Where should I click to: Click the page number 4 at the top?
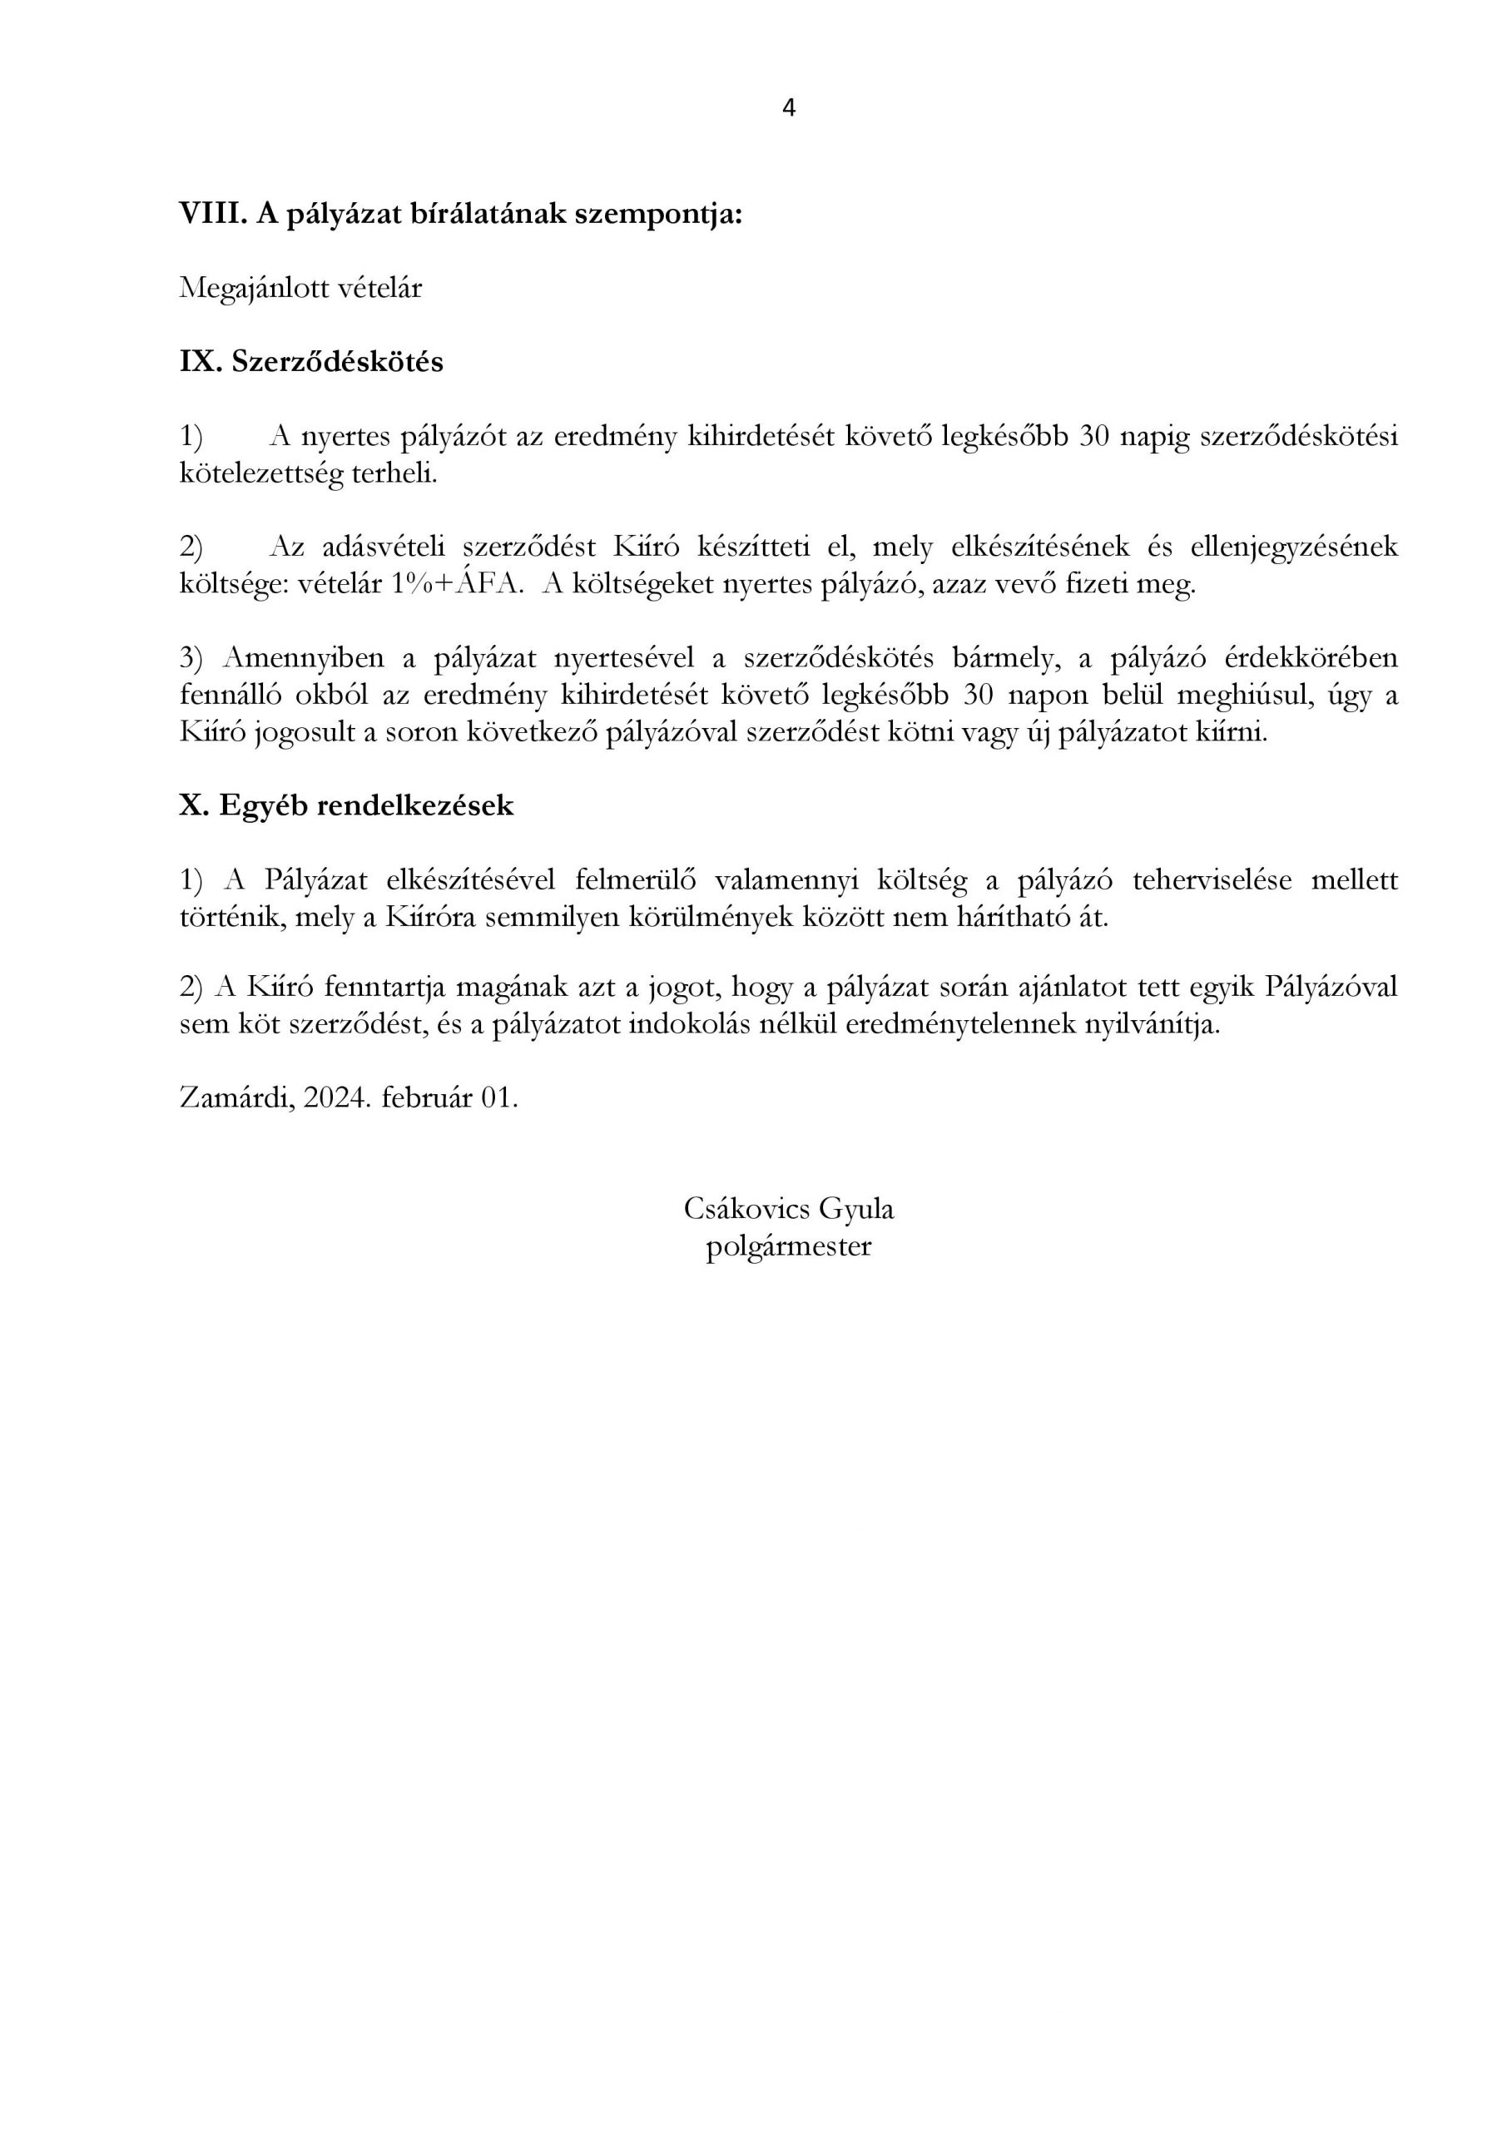pos(789,108)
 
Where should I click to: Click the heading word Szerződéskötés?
pos(337,362)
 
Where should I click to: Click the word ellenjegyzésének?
pos(1291,547)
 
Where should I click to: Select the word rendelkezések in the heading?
pos(414,805)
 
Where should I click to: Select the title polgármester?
pos(789,1246)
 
